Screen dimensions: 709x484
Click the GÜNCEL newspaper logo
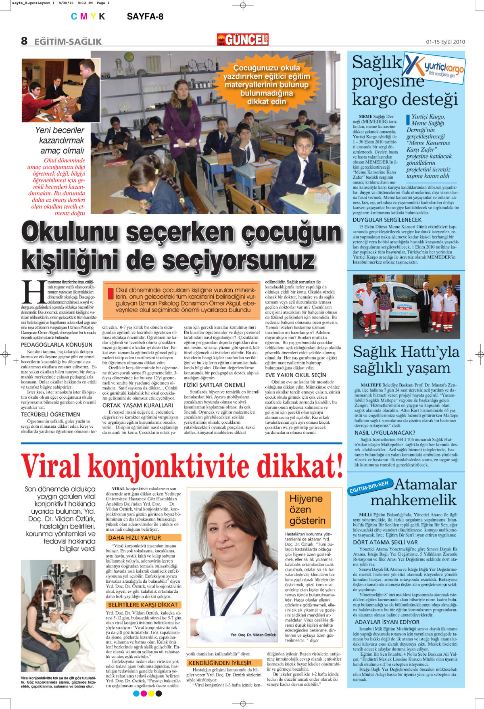click(x=243, y=40)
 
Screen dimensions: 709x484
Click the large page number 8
click(x=25, y=41)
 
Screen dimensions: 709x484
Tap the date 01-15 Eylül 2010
click(x=445, y=42)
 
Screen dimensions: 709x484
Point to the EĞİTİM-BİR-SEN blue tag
click(x=369, y=487)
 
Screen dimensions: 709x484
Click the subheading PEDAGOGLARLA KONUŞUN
click(x=56, y=345)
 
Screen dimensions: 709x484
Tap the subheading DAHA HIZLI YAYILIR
click(x=134, y=538)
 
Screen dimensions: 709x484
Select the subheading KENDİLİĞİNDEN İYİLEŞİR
click(x=220, y=663)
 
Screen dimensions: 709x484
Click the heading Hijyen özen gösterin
click(x=307, y=509)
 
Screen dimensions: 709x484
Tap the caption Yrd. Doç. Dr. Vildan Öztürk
click(x=253, y=635)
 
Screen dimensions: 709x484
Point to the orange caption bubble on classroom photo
click(x=267, y=84)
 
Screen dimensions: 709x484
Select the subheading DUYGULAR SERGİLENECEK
click(x=387, y=220)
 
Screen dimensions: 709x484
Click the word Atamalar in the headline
click(x=425, y=484)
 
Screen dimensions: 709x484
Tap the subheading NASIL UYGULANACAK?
click(x=384, y=433)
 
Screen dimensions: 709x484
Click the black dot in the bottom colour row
click(x=159, y=693)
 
